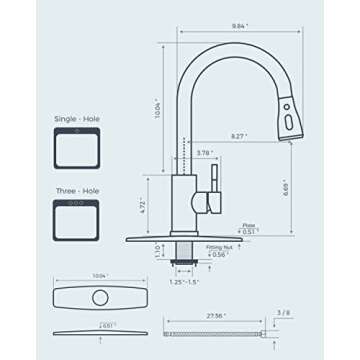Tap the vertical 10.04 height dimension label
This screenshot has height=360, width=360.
click(x=156, y=98)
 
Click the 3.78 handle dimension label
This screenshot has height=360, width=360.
click(x=203, y=152)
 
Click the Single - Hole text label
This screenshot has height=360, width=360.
click(x=75, y=118)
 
